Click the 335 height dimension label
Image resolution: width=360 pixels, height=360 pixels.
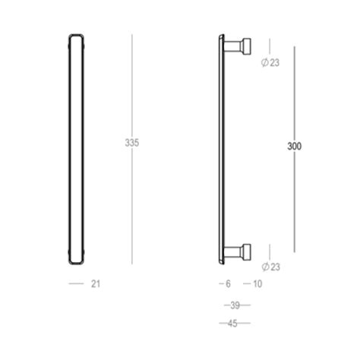[132, 143]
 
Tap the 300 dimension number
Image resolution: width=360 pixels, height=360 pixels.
[294, 147]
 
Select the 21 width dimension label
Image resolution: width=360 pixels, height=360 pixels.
[96, 284]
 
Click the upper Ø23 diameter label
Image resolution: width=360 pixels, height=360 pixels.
[270, 62]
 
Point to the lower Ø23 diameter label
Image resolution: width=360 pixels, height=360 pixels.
[270, 267]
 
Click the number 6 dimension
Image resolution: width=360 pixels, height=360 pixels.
[228, 284]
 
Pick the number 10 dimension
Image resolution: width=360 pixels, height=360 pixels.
[257, 284]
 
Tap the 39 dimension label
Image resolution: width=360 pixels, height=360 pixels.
[235, 305]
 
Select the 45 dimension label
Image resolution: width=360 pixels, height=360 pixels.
[232, 324]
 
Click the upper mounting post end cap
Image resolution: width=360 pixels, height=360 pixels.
[247, 46]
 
